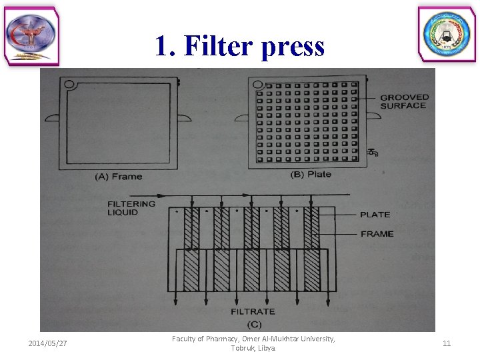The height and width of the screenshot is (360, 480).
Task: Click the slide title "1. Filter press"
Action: [239, 46]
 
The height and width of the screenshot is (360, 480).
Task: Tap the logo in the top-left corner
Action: [31, 37]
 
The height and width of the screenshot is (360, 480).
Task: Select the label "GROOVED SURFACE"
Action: [404, 101]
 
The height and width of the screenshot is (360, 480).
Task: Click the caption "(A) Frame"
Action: [119, 177]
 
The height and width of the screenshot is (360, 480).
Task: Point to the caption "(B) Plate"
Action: [311, 175]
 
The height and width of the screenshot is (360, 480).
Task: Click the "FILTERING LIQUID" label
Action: [131, 208]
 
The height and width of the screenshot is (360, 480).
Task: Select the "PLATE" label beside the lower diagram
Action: [375, 215]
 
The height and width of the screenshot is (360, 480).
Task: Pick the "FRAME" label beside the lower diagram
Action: [377, 234]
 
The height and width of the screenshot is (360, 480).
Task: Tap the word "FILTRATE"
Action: [253, 311]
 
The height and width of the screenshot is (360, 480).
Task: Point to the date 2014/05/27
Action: [47, 343]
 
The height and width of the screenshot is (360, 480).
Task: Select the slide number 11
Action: [446, 343]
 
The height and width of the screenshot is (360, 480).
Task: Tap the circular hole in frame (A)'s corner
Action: [69, 85]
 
